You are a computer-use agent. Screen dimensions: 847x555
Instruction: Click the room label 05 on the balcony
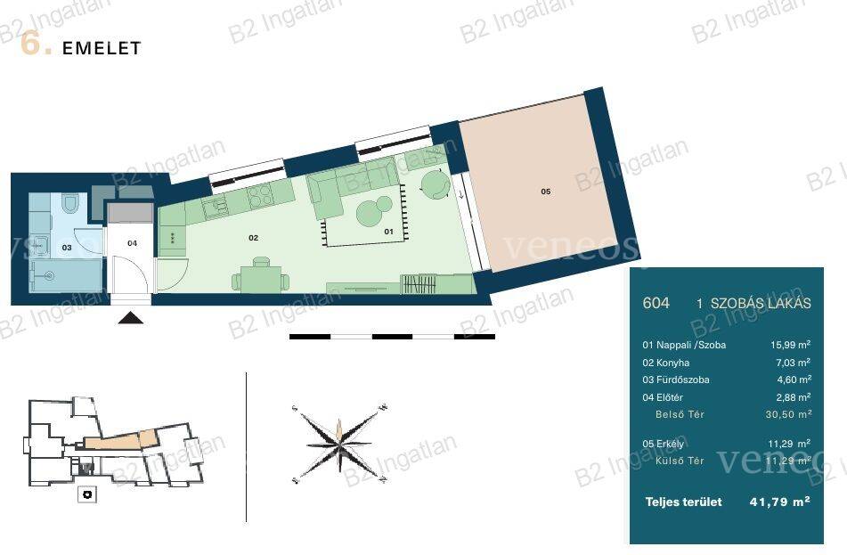pyautogui.click(x=546, y=192)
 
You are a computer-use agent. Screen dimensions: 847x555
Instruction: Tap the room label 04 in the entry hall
pyautogui.click(x=133, y=243)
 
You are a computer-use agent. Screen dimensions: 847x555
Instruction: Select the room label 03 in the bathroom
pyautogui.click(x=67, y=248)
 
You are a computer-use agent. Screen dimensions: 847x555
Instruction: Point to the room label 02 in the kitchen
pyautogui.click(x=253, y=238)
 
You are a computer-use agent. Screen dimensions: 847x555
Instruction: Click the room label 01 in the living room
pyautogui.click(x=388, y=232)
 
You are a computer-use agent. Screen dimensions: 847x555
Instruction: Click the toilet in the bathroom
pyautogui.click(x=70, y=202)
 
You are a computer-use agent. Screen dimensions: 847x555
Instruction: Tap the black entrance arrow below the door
pyautogui.click(x=131, y=318)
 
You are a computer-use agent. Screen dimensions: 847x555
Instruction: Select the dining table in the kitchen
pyautogui.click(x=260, y=278)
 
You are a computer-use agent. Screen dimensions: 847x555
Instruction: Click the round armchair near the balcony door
pyautogui.click(x=435, y=184)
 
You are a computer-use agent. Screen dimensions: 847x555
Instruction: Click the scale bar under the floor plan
pyautogui.click(x=392, y=337)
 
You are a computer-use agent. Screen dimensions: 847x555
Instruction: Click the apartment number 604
pyautogui.click(x=656, y=303)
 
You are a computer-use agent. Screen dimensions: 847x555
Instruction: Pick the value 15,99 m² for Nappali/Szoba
pyautogui.click(x=790, y=345)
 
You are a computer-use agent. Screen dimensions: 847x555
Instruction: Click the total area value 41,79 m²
pyautogui.click(x=779, y=502)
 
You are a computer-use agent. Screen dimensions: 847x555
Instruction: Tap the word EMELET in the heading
pyautogui.click(x=102, y=48)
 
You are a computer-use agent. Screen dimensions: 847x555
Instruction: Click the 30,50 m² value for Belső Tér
pyautogui.click(x=788, y=414)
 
